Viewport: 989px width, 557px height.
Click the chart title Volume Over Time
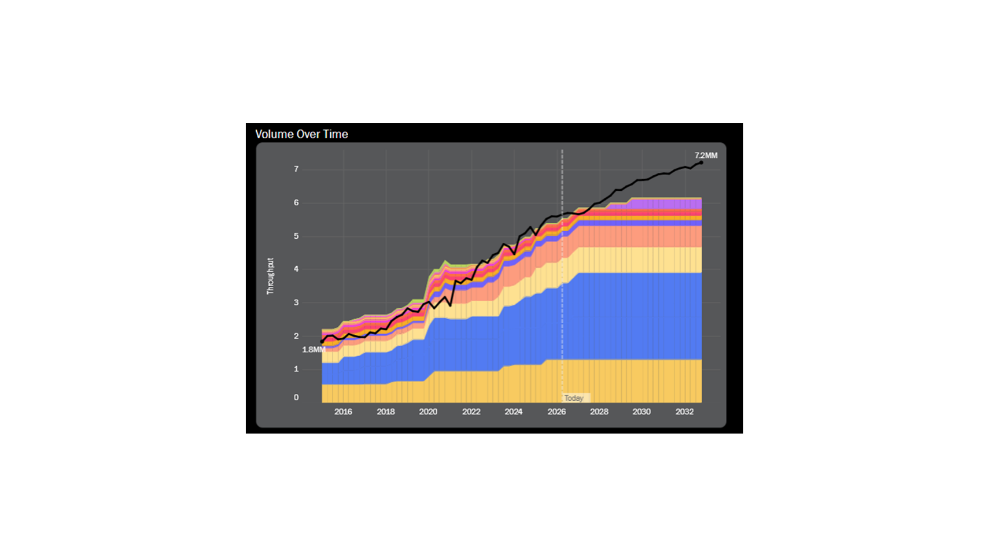pos(301,134)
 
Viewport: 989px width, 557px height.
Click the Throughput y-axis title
pos(270,276)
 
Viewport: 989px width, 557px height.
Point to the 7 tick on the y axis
pos(296,169)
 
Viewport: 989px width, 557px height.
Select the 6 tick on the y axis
pos(296,203)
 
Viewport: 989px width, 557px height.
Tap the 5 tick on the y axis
pos(296,236)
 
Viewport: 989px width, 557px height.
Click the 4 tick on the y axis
pos(296,269)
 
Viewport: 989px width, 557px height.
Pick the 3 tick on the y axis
pos(296,303)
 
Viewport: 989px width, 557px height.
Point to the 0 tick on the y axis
pos(296,397)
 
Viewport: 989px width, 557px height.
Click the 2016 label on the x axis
pos(343,412)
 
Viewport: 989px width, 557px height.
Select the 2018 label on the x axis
pos(386,412)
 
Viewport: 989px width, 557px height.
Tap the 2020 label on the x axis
pos(428,412)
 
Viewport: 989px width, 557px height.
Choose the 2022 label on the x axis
pos(471,412)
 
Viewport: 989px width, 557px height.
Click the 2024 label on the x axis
pos(514,412)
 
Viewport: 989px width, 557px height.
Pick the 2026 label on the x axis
pos(556,412)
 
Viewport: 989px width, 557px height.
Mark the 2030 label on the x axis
pos(641,412)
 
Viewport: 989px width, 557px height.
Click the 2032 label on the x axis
pos(685,412)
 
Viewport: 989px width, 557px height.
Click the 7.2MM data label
pos(706,155)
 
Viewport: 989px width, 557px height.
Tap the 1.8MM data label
pos(313,350)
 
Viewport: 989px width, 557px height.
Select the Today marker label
pos(574,398)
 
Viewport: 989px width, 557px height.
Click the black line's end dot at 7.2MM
pos(701,163)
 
